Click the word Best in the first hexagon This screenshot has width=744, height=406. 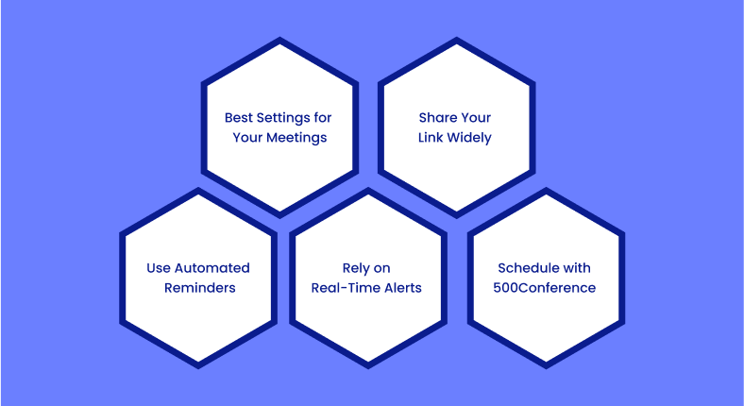pos(238,118)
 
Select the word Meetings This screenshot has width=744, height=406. pos(296,139)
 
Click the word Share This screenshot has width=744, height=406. pos(434,118)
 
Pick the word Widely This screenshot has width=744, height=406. pos(469,139)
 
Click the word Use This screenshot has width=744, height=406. pos(159,268)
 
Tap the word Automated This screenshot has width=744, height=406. pos(212,268)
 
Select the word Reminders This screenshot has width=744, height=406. pos(200,288)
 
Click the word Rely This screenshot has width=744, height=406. pos(354,269)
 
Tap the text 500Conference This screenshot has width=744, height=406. pos(544,288)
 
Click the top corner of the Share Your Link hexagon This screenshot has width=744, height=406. pos(456,37)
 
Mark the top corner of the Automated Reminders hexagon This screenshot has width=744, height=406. pos(198,187)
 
